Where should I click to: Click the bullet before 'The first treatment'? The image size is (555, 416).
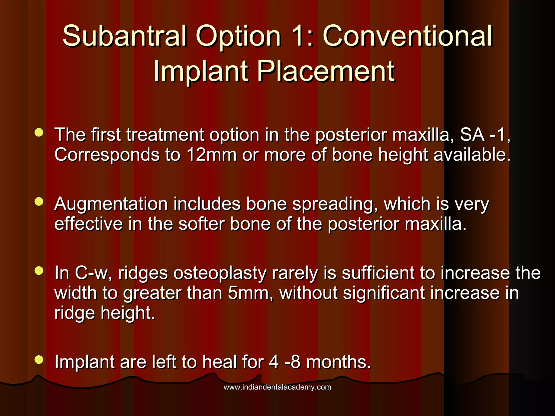[x=39, y=132]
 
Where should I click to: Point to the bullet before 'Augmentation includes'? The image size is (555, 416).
[x=39, y=201]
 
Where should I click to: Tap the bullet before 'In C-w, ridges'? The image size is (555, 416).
[x=39, y=271]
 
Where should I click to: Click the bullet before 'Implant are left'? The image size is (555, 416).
[x=39, y=359]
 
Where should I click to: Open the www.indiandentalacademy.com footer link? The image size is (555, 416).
[x=277, y=387]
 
